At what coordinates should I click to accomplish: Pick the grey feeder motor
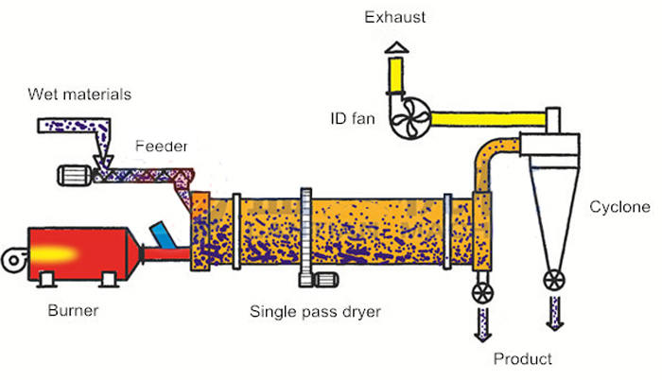(x=72, y=175)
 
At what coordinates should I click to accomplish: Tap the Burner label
(x=71, y=309)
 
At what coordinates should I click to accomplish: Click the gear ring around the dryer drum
(x=305, y=236)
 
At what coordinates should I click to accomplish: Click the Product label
(x=522, y=359)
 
